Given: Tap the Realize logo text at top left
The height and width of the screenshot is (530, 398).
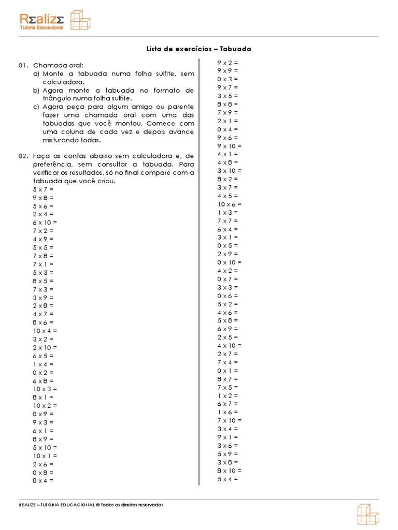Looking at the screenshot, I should tap(42, 19).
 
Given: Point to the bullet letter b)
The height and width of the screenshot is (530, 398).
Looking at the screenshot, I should tap(36, 90).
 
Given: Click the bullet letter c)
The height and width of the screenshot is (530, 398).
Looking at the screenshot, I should tap(36, 107).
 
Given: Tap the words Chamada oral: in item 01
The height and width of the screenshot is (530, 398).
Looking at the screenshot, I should tap(54, 65).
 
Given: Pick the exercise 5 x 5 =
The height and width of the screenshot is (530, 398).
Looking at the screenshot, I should tap(42, 247).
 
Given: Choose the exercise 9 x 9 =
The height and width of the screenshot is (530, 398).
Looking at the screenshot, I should tap(228, 71).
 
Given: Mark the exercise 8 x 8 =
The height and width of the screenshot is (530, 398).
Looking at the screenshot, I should tap(228, 104).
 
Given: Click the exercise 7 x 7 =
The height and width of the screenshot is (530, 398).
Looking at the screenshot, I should tap(228, 220).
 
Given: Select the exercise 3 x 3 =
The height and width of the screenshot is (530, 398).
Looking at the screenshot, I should tap(228, 287).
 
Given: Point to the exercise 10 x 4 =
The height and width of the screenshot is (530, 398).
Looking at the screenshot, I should tap(45, 331).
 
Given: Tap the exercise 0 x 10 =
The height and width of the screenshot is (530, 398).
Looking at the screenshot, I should tap(230, 262).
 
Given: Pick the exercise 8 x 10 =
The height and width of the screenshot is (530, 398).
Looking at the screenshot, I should tap(230, 470).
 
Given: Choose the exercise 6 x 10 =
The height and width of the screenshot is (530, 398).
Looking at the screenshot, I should tap(45, 223).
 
